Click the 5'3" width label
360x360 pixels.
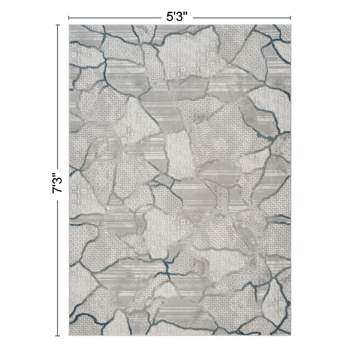[x=180, y=16]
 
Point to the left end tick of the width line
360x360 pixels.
[x=68, y=16]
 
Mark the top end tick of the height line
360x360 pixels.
[x=58, y=25]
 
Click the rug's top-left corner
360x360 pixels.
[x=69, y=25]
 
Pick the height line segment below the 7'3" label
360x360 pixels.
[x=58, y=267]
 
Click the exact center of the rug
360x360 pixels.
[x=180, y=181]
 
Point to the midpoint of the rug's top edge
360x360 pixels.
[x=180, y=25]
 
